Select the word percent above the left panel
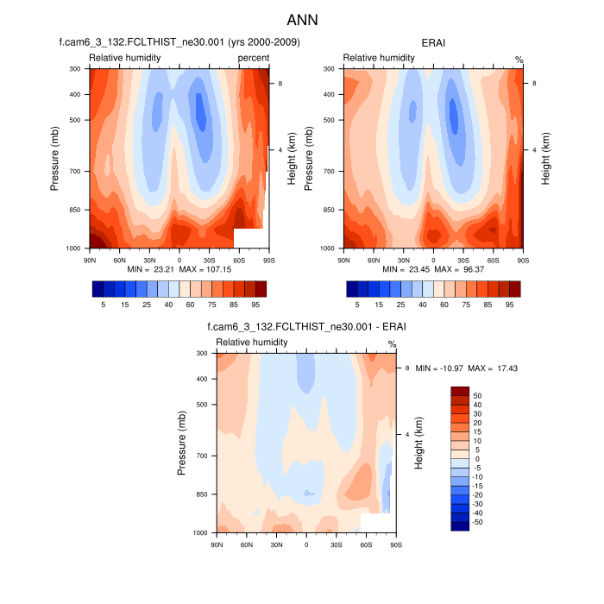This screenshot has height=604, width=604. click(254, 58)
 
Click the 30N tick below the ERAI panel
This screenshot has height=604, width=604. click(403, 259)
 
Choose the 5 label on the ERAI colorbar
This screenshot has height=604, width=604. click(357, 305)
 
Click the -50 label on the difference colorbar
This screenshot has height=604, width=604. click(478, 522)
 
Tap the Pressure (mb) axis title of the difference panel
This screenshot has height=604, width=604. click(182, 443)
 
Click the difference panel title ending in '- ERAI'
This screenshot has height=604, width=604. click(306, 327)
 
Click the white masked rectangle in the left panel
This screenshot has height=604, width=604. click(248, 238)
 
